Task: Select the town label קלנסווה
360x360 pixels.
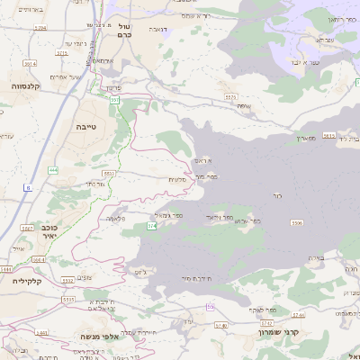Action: (x=22, y=85)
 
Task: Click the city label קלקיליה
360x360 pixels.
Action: (x=18, y=281)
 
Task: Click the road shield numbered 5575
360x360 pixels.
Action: (x=230, y=96)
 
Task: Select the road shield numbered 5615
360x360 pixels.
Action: (x=328, y=135)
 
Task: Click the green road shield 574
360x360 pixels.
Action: (x=152, y=227)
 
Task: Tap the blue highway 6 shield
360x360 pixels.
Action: (x=28, y=187)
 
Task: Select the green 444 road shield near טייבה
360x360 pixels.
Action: (x=53, y=168)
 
